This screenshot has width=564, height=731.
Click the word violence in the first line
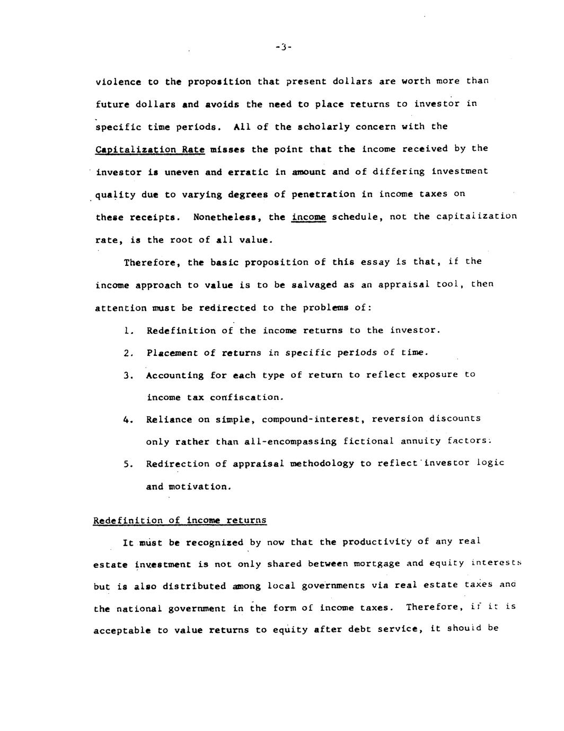coord(118,82)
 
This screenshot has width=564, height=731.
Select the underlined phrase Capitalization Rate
coord(150,149)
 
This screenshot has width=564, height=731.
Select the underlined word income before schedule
coord(309,217)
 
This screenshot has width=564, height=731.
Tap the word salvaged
coord(314,284)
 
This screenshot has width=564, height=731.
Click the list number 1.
coord(127,331)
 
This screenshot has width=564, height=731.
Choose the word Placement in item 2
coord(172,353)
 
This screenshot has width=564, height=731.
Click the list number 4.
coord(127,420)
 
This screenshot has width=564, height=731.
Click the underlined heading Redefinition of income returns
coord(180,520)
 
